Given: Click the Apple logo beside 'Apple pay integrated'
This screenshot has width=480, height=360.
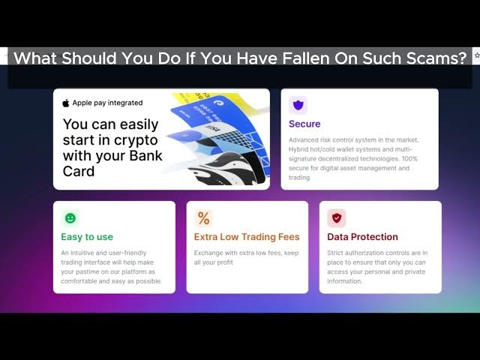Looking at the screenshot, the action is coord(66,103).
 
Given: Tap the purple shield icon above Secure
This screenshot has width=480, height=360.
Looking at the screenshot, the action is coord(298,105).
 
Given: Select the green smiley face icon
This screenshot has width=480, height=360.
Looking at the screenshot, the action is coord(70,218).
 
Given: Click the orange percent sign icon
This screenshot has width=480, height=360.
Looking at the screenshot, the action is coord(203,218).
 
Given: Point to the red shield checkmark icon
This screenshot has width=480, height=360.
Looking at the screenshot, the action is coord(337,218).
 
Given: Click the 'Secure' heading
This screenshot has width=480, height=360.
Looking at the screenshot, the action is coord(304,124).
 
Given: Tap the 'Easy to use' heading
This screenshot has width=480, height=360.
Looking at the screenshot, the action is coord(87,237).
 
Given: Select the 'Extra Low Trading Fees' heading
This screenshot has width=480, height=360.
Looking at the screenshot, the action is coord(247,237).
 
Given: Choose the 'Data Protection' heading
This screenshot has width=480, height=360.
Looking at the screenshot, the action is coord(362,237).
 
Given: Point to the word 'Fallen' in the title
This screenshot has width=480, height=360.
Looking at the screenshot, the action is coord(305,58).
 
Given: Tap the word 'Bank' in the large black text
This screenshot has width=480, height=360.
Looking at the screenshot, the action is coord(145,155).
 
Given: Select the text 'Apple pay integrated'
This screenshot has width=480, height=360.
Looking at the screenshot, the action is coord(107,103).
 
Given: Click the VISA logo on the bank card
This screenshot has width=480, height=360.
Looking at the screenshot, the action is coord(214,129).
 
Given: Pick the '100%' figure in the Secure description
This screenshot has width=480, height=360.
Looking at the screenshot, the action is coord(409,158).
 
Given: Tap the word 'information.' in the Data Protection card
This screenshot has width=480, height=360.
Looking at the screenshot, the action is coord(344,281).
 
